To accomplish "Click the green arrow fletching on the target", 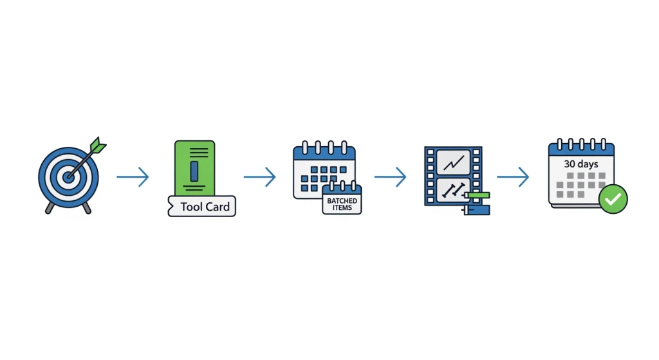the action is (98, 145).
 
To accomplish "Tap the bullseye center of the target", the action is (68, 177).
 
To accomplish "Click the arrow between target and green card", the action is (133, 176).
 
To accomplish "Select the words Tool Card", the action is (205, 207).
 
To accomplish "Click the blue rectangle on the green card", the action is (194, 171).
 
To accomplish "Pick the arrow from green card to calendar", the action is (260, 176).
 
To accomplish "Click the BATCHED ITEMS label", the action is (342, 204).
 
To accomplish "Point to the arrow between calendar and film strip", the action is (391, 176).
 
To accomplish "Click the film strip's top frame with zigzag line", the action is (454, 162).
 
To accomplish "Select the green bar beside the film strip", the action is (478, 195).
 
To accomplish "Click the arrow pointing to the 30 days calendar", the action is (513, 176).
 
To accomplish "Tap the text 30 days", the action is (581, 164).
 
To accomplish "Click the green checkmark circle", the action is (613, 199).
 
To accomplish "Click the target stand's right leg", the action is (87, 208).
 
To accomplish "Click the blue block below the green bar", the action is (479, 210).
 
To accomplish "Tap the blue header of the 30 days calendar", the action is (581, 149).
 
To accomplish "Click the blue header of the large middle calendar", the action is (324, 153).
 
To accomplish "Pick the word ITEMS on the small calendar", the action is (342, 208).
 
